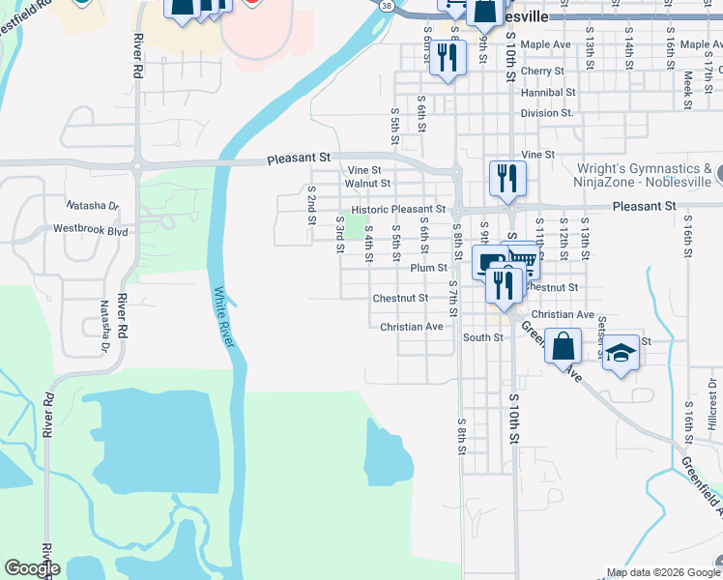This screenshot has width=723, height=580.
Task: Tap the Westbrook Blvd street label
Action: click(92, 232)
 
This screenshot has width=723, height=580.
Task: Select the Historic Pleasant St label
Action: click(398, 209)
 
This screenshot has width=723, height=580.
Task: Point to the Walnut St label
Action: click(367, 183)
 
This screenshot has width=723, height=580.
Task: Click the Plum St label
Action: click(428, 268)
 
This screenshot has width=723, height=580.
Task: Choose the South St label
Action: click(482, 337)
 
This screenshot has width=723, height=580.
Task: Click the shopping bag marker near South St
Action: click(563, 343)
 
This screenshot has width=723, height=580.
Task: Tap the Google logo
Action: click(32, 568)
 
